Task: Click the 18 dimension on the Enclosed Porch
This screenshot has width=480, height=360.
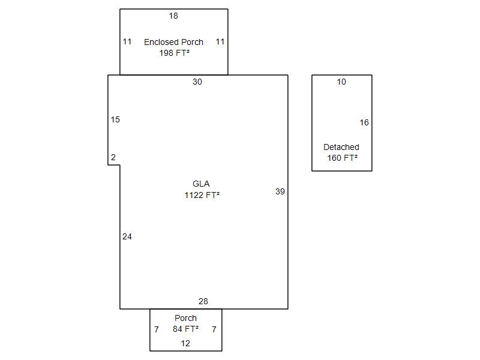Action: [173, 16]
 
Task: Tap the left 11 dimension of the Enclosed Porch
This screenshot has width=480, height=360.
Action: [127, 41]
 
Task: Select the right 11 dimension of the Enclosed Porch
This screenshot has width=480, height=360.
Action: [220, 41]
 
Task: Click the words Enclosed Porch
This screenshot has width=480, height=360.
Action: [173, 42]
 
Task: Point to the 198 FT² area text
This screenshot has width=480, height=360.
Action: [174, 53]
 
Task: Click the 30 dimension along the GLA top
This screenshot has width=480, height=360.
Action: [197, 82]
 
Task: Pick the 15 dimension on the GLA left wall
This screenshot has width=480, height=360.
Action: [115, 119]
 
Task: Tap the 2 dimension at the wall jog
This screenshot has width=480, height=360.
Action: [113, 157]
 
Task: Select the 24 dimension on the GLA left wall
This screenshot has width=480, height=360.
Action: [127, 236]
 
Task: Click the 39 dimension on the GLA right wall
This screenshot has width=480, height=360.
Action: [280, 191]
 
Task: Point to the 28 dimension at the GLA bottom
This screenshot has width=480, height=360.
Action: [203, 301]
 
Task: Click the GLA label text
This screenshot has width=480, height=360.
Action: [201, 184]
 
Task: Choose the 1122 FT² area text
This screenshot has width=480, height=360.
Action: [202, 195]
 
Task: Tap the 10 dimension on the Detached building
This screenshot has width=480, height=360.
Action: [341, 82]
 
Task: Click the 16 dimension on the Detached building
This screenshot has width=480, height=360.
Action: [364, 122]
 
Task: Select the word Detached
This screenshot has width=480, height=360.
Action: [341, 147]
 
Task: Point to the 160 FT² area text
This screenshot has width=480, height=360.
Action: [342, 158]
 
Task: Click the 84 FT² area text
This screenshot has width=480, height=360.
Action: [185, 329]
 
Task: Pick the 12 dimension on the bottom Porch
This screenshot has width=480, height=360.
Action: [185, 343]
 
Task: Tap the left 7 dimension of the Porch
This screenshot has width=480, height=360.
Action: [157, 329]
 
